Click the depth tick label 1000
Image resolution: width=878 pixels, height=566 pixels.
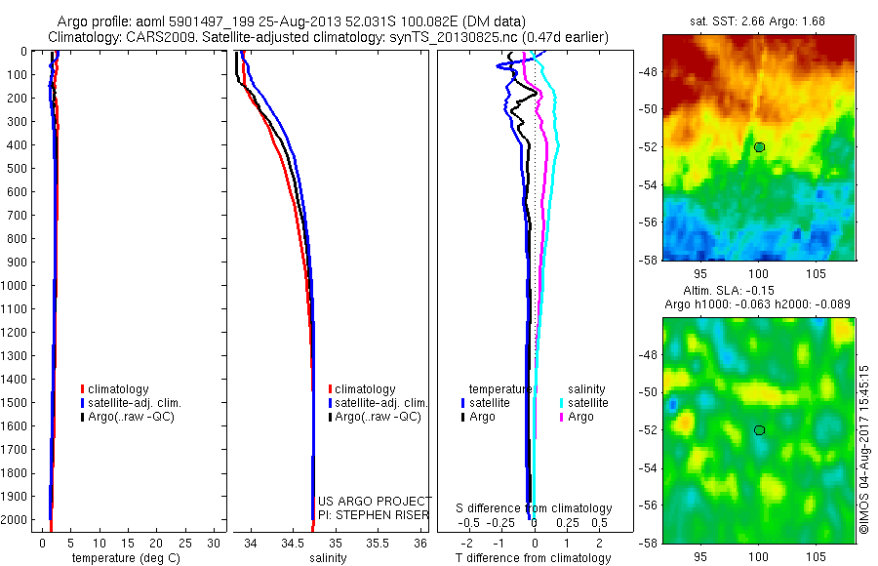(x=17, y=286)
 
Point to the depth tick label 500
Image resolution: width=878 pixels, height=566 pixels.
(x=20, y=168)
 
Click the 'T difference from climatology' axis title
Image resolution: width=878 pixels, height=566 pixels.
(x=535, y=558)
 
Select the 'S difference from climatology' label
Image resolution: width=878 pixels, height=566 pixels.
(x=535, y=508)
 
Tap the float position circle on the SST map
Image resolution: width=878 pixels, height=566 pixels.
(x=759, y=146)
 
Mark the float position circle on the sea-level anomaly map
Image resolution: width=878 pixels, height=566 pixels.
(x=759, y=429)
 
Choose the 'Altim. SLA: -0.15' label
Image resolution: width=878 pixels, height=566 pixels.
(x=759, y=291)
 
